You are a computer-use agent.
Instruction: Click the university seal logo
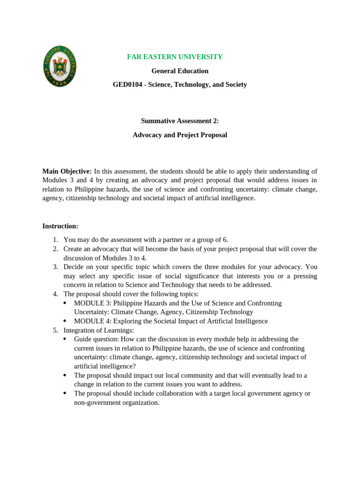pos(60,66)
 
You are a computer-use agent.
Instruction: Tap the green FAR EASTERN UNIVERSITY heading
pos(175,57)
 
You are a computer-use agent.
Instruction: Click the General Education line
pos(180,71)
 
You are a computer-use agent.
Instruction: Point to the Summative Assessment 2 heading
pos(180,120)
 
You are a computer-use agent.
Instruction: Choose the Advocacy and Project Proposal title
pos(180,135)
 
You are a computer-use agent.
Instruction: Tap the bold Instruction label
pos(60,226)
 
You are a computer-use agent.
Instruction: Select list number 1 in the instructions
pos(55,240)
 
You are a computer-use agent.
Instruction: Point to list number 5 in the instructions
pos(55,330)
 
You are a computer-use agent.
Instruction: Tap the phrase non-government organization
pos(117,402)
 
